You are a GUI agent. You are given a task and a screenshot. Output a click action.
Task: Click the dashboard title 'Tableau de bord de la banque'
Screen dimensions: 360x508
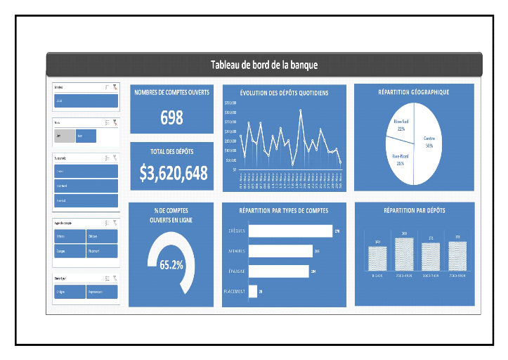coord(264,65)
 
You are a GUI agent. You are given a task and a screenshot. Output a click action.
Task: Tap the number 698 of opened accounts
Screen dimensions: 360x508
coord(171,118)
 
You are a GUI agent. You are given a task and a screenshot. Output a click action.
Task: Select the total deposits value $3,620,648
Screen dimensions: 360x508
coord(173,173)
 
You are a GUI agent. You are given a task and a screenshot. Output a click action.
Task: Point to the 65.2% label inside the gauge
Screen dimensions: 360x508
coord(171,265)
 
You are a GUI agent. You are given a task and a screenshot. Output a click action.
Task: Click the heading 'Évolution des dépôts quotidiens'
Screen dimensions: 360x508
coord(283,93)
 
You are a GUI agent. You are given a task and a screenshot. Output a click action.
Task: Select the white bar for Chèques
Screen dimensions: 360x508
coord(290,231)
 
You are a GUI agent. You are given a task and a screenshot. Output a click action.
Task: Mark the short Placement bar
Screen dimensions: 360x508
coord(253,291)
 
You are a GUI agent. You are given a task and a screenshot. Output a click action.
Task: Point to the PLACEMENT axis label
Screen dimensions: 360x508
coord(233,291)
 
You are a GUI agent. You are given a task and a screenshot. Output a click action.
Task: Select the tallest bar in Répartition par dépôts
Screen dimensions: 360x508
coord(404,254)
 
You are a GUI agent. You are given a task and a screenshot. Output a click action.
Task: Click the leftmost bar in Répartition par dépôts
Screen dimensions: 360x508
coord(378,258)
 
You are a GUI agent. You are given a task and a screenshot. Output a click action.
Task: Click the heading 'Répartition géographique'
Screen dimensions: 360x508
coord(413,92)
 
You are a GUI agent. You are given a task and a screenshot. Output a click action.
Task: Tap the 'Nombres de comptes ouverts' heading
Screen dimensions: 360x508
coord(171,93)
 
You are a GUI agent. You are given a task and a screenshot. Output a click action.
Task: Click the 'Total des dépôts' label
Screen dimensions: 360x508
coord(171,151)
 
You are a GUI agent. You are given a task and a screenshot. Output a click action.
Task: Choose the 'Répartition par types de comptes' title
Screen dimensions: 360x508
coord(283,210)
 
